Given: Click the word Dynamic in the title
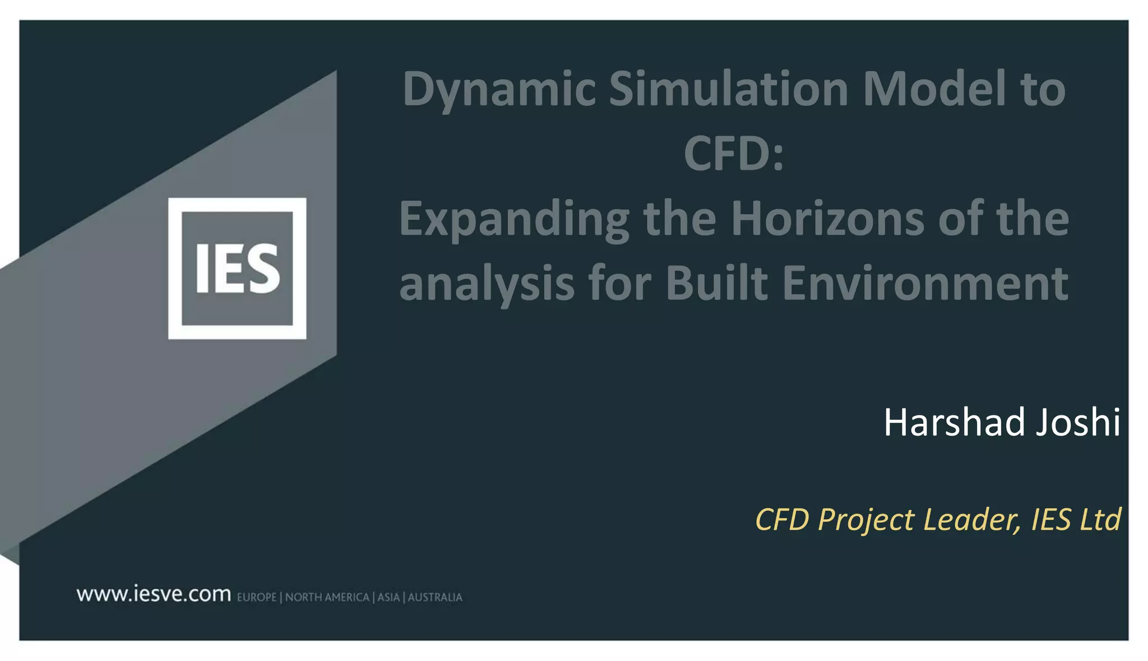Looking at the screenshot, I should coord(499,90).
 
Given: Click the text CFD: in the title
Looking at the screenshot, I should coord(733,154).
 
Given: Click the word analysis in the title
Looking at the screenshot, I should coord(487,284).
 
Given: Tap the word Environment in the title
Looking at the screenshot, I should coord(925,284).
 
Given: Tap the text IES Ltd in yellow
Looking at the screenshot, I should coord(1076,519).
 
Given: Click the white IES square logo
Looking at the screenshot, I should coord(237,269).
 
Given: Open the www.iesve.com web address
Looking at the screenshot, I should coord(154,594).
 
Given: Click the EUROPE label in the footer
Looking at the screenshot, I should coord(257,598).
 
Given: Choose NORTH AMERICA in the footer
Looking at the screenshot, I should coord(327,598).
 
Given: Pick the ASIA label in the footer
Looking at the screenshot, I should coord(388,598).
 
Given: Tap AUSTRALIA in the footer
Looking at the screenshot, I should coord(435,598).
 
